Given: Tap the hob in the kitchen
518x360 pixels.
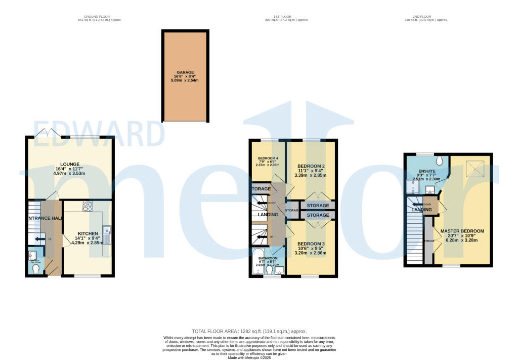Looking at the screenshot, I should (x=87, y=206).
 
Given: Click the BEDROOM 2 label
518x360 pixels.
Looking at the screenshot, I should (x=311, y=166).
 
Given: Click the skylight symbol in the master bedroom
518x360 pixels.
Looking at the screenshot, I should (x=473, y=167).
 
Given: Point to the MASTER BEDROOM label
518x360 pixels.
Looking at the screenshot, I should (x=462, y=231).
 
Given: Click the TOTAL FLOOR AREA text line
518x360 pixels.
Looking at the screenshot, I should (x=249, y=330).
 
